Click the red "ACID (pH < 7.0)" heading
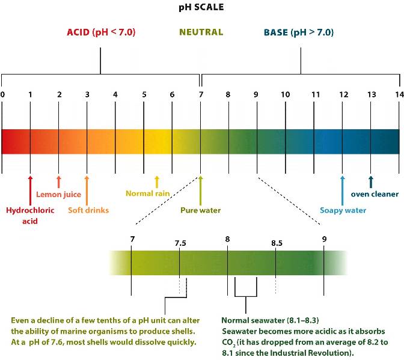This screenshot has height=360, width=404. [101, 32]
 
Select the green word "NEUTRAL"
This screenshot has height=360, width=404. [201, 32]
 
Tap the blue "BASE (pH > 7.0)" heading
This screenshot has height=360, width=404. [299, 32]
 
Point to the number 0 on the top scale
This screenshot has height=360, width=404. [3, 94]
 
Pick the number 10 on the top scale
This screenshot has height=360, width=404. [285, 94]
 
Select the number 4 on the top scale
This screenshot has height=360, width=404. [115, 94]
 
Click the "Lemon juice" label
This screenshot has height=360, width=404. [58, 194]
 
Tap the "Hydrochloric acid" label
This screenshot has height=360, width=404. [30, 215]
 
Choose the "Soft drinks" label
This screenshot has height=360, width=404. [88, 210]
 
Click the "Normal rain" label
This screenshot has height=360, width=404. [148, 194]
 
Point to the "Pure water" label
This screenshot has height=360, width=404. [201, 210]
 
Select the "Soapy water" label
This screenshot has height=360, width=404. [343, 210]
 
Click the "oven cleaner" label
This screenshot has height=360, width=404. [375, 194]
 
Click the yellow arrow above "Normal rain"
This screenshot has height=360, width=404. [157, 182]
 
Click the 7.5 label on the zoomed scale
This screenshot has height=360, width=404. [180, 243]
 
